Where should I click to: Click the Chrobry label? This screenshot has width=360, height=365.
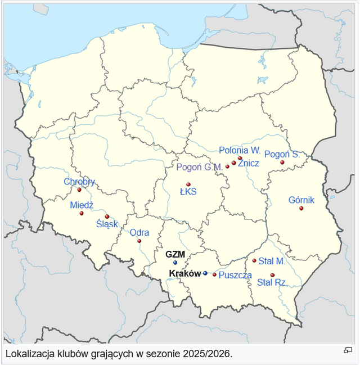tap(79, 182)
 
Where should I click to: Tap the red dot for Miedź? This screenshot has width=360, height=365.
tap(82, 213)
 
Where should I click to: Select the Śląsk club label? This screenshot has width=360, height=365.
tap(107, 224)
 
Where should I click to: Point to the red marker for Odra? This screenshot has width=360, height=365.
tap(139, 241)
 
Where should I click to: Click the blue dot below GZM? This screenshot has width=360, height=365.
tap(175, 262)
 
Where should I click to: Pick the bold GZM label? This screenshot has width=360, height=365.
tap(175, 254)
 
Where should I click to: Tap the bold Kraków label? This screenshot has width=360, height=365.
tap(185, 273)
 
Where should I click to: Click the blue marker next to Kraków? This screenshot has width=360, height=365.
tap(205, 273)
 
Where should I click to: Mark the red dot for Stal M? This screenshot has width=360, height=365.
tap(254, 260)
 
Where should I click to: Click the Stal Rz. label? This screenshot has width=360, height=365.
tap(272, 282)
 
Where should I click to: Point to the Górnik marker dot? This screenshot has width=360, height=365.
tap(301, 209)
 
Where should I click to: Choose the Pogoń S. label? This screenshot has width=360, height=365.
tap(281, 154)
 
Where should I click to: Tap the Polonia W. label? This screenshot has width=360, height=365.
tap(240, 150)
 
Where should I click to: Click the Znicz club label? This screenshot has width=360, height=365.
tap(249, 163)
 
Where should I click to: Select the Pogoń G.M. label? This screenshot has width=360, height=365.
tap(199, 167)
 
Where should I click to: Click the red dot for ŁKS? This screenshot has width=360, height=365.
tap(188, 184)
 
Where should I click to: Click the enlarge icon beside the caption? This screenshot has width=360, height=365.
tap(348, 350)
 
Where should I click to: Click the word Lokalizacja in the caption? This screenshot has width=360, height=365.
tap(28, 354)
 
